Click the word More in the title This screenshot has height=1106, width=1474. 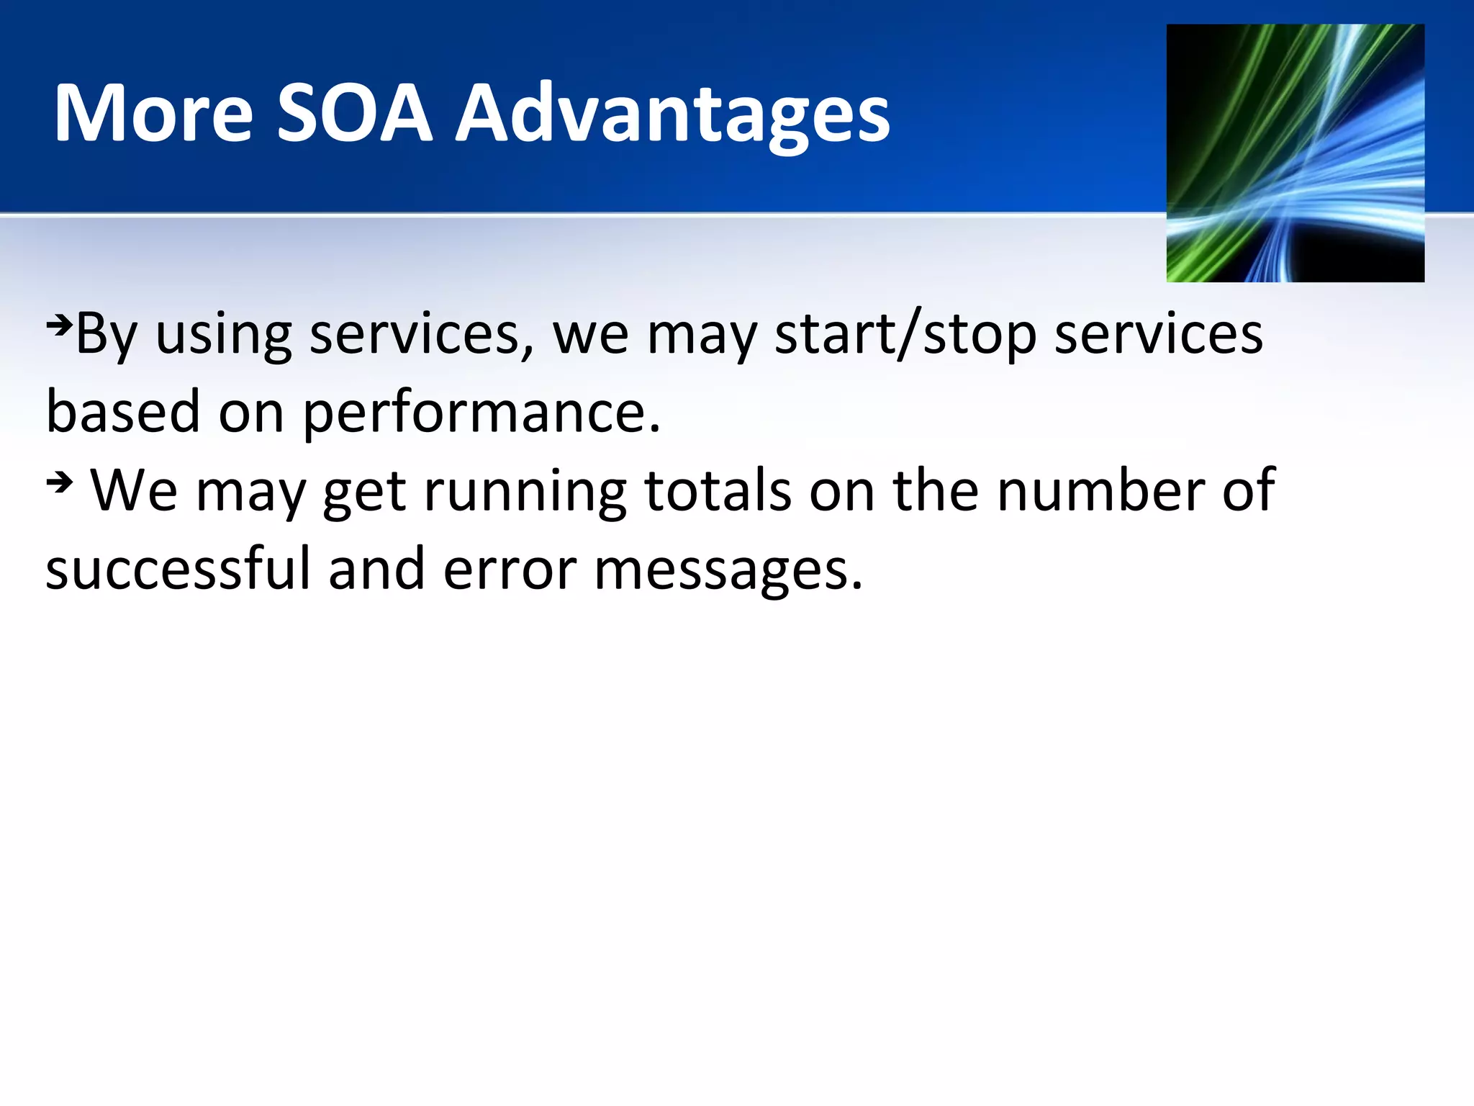[x=153, y=114]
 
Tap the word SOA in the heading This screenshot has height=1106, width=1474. [x=355, y=114]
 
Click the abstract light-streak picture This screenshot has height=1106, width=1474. [x=1295, y=153]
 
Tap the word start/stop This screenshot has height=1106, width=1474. [x=905, y=335]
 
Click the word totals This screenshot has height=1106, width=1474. [x=718, y=490]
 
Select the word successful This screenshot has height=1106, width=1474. [x=178, y=569]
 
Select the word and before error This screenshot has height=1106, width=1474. [x=376, y=569]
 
